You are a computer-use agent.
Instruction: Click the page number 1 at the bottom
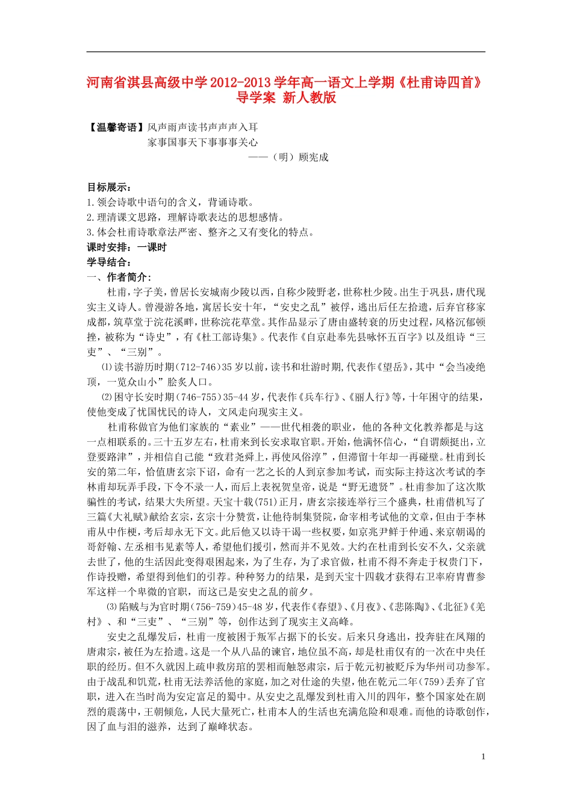pos(483,757)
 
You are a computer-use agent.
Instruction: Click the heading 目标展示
pos(109,187)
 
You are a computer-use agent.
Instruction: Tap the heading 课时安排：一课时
pos(126,247)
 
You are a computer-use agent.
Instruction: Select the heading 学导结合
pos(109,262)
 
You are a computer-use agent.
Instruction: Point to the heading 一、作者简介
pos(119,277)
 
